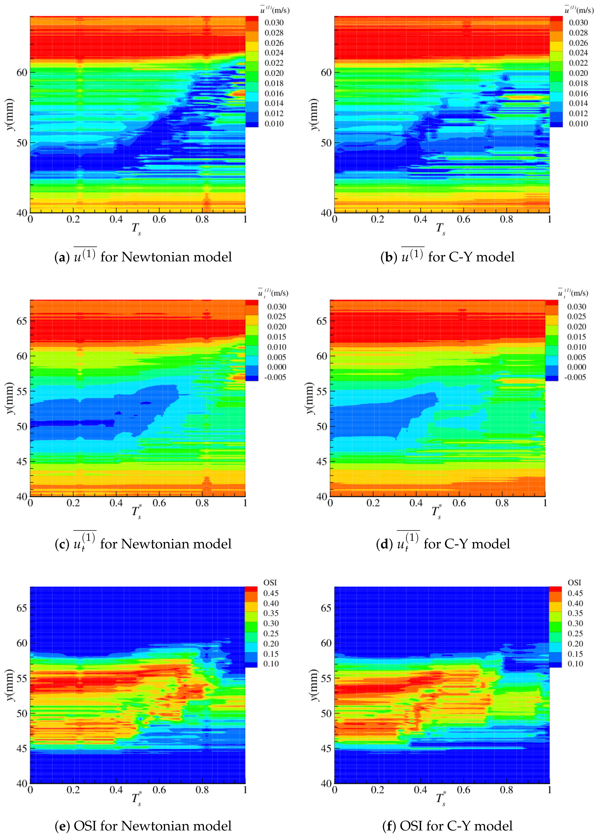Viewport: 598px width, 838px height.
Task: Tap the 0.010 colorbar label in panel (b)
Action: [578, 124]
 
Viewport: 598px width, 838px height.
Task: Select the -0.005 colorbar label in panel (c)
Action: [275, 377]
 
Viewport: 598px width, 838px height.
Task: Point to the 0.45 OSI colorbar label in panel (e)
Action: [271, 593]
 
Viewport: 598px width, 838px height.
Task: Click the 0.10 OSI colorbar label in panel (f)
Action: [575, 664]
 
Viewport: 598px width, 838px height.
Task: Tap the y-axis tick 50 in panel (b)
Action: [326, 143]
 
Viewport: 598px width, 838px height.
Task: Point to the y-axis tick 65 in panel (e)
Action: [22, 608]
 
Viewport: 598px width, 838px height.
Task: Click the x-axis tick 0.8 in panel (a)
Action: [202, 219]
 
